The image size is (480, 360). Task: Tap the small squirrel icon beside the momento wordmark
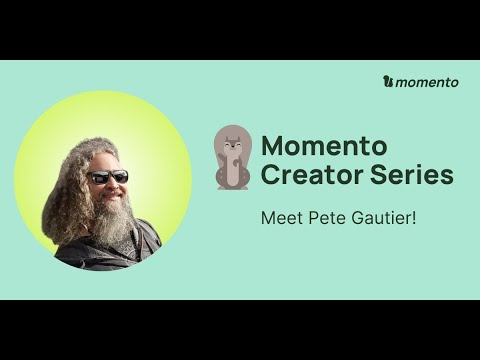[x=388, y=82]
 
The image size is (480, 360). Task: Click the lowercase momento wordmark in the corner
[x=427, y=82]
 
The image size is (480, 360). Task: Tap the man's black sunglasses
[x=108, y=177]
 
